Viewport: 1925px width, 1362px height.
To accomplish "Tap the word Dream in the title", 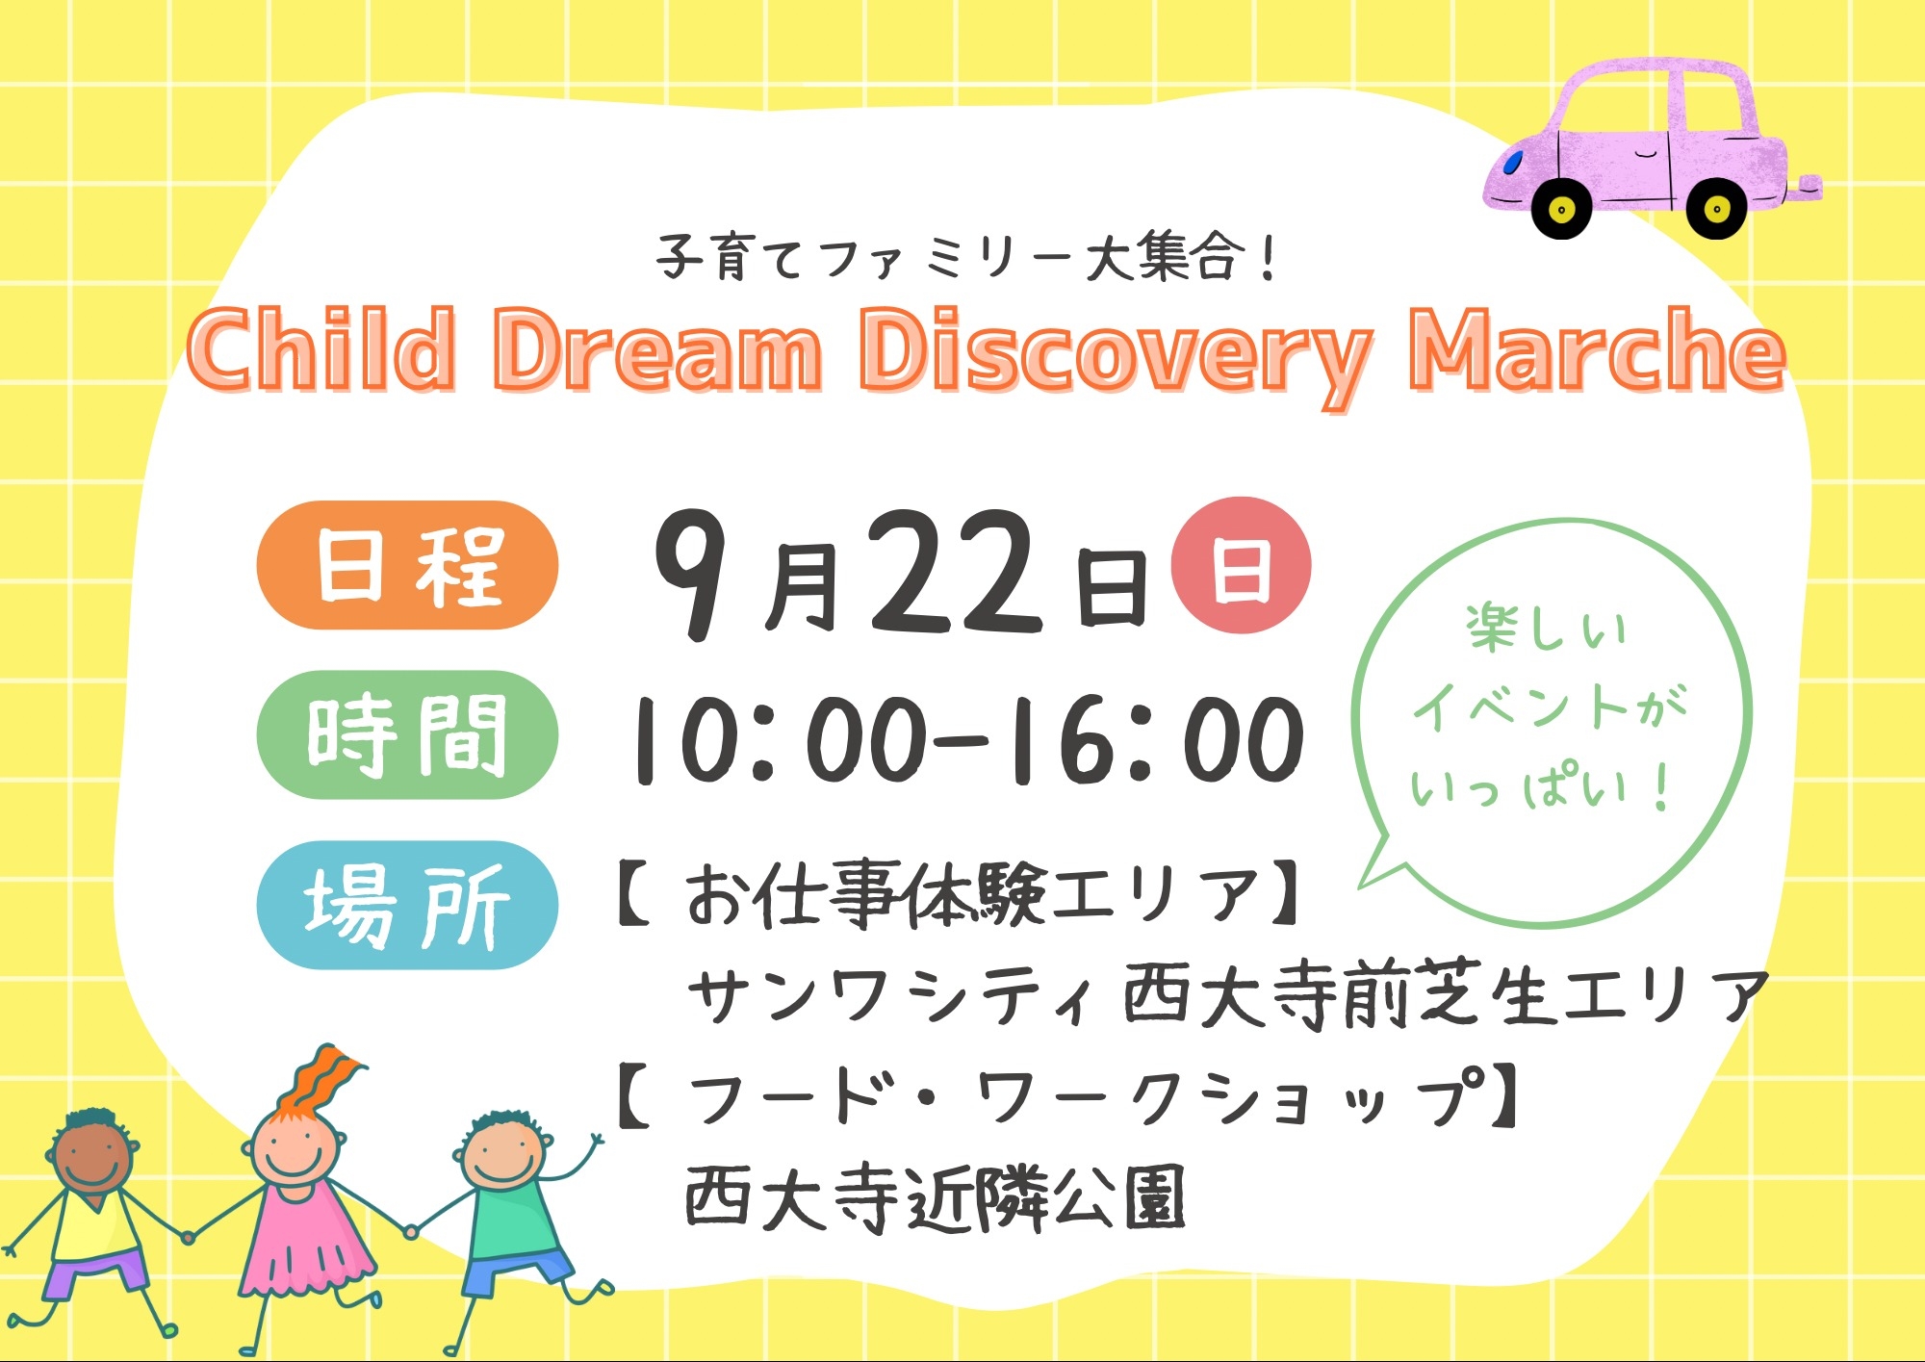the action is (x=658, y=350).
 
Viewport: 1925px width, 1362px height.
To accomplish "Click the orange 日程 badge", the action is (x=407, y=565).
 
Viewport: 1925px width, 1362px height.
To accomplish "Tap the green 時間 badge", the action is (x=407, y=734).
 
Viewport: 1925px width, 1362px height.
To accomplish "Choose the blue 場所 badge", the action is (x=407, y=905).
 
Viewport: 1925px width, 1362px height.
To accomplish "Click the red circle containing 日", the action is (x=1241, y=565).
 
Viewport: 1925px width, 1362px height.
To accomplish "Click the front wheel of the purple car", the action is (x=1561, y=208).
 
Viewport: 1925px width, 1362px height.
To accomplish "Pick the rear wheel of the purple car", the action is (x=1716, y=208).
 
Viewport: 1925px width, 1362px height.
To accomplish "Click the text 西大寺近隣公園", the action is (x=935, y=1199).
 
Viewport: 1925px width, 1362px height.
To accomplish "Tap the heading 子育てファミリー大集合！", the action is (x=967, y=258).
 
